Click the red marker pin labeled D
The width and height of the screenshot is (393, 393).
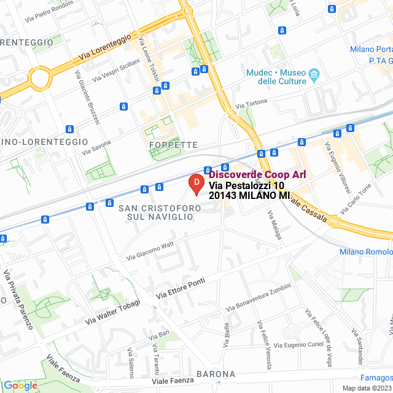coord(195,184)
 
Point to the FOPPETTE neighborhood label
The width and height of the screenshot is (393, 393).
coord(173,145)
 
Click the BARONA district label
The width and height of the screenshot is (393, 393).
coord(216,373)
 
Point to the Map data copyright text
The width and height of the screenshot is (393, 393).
coord(367,388)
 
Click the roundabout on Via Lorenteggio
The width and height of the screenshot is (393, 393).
coord(38,79)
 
